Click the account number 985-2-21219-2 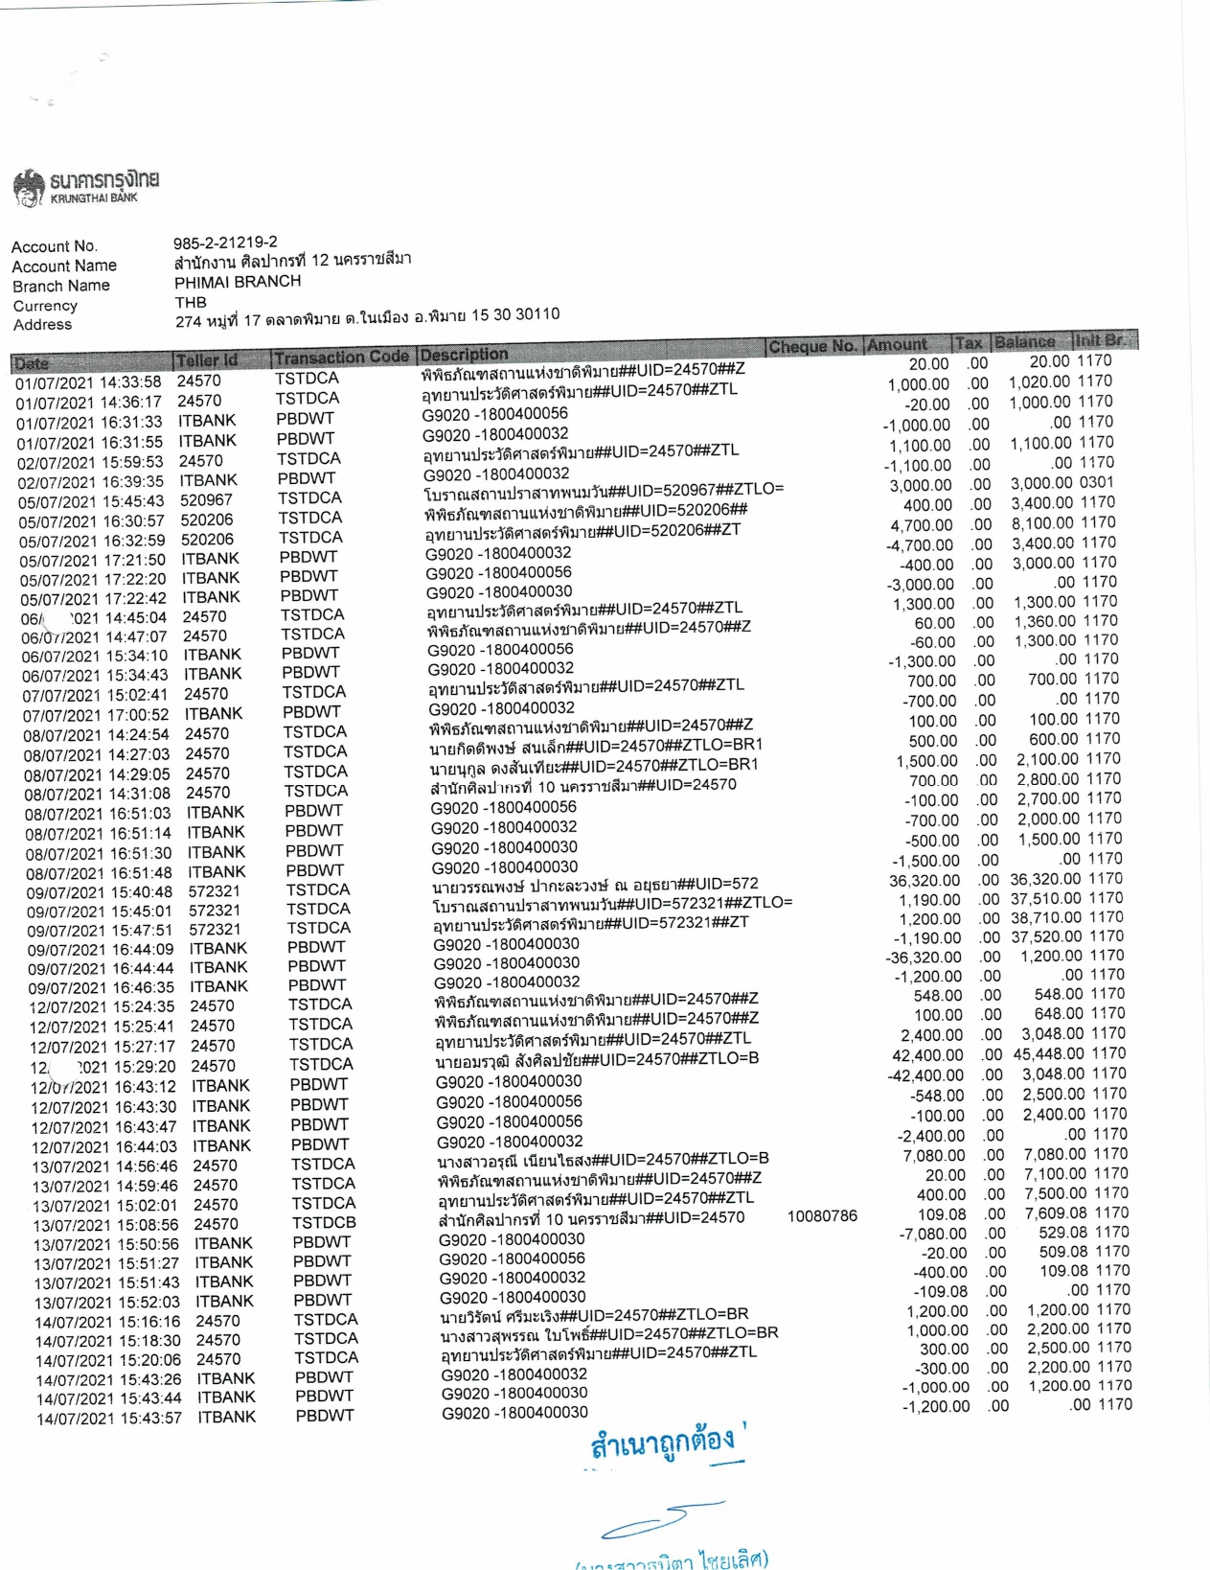click(225, 242)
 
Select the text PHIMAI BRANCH click(238, 282)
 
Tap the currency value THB click(191, 302)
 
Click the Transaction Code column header click(341, 358)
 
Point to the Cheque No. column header click(812, 346)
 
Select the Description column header click(465, 355)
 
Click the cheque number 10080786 click(822, 1216)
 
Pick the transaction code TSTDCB click(324, 1223)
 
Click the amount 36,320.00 click(925, 881)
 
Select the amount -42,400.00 click(925, 1075)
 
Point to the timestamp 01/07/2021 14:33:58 click(88, 382)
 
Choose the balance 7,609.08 click(1057, 1213)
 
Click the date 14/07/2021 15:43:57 click(108, 1418)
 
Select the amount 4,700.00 click(922, 525)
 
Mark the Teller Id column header click(207, 360)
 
